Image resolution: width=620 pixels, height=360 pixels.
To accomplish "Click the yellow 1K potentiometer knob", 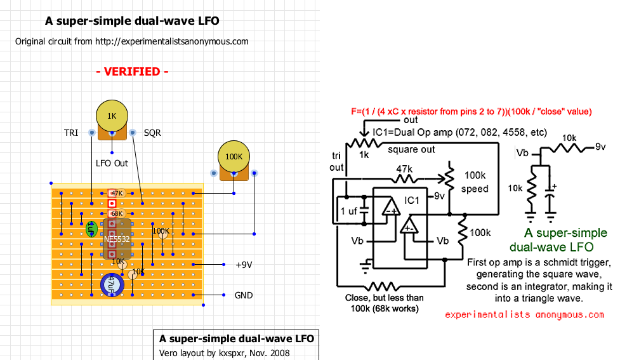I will (x=112, y=116).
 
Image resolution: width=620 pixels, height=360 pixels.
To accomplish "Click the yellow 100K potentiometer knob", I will (x=234, y=156).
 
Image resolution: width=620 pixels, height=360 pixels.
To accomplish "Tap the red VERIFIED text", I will (x=132, y=72).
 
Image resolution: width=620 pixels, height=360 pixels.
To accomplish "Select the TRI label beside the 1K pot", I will (x=71, y=133).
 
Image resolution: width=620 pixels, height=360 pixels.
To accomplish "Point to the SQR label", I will (x=152, y=133).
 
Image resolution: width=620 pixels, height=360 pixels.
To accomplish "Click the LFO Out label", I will (x=112, y=163).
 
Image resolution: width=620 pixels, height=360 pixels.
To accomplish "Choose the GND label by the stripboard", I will (x=244, y=295).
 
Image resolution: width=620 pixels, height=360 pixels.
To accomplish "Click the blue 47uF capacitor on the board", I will (x=112, y=284).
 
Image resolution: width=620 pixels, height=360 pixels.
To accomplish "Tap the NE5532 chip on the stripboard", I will (x=117, y=239).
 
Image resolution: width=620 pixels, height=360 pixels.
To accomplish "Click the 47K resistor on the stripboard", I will (x=116, y=193).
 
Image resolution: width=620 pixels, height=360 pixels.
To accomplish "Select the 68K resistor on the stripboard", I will (x=116, y=213).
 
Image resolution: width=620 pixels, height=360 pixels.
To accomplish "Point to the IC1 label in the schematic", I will (x=412, y=200).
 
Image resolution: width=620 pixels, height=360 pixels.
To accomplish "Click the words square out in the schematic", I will (x=412, y=150).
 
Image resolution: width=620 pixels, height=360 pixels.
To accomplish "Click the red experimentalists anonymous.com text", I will (x=525, y=314).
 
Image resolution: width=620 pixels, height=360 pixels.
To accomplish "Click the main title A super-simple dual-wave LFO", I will (x=132, y=21).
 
